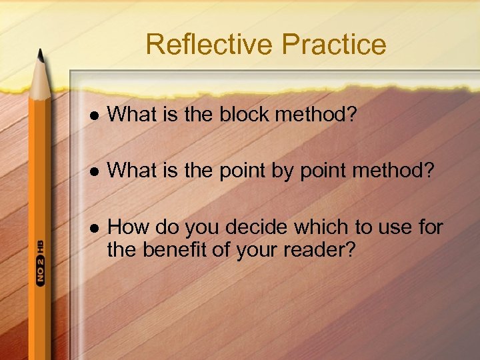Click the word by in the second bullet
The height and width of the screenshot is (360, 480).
(x=280, y=171)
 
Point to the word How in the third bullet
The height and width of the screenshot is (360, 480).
(x=128, y=227)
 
